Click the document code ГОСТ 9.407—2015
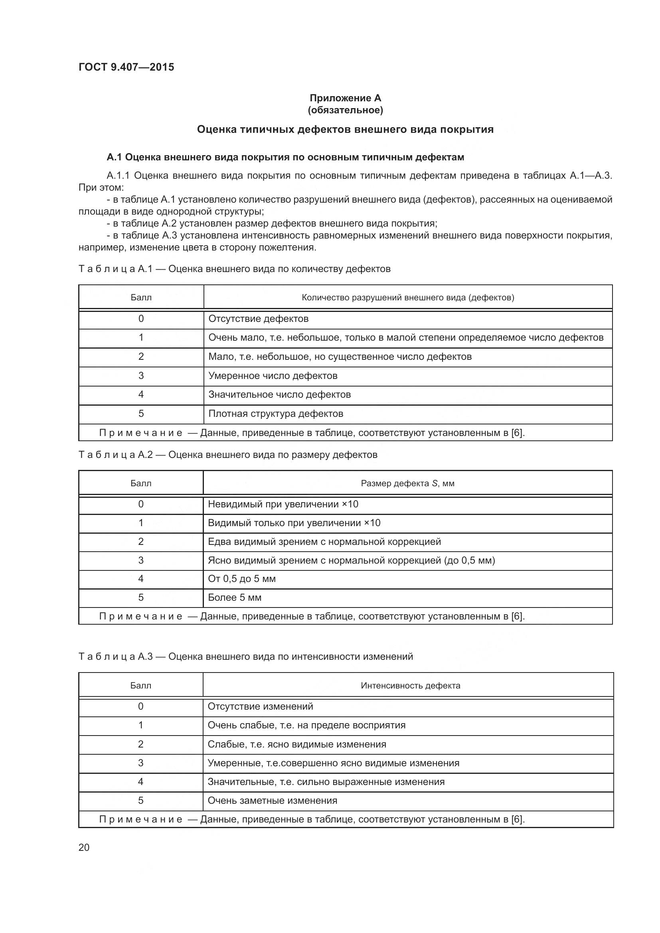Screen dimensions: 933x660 126,67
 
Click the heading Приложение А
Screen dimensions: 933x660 345,98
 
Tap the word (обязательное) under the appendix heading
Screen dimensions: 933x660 345,110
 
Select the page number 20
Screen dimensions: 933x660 84,847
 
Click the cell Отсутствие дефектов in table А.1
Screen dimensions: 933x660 259,319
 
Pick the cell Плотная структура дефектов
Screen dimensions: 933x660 276,414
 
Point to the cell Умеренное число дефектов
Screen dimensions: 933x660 273,375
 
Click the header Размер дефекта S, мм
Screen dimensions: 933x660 407,483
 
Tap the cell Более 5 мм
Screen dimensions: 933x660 235,598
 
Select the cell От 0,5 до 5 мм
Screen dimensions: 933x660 241,579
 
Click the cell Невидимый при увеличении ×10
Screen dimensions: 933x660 283,504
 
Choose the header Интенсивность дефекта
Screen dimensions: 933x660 410,686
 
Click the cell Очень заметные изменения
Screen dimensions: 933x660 272,801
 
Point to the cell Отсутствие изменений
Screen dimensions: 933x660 260,706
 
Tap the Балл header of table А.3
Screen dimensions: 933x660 140,686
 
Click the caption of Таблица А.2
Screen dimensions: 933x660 227,455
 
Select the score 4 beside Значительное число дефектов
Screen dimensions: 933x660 141,395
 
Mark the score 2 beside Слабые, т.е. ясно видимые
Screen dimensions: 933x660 140,744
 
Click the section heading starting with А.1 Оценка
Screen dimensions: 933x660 285,157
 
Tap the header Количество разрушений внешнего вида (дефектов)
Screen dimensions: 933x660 408,298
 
